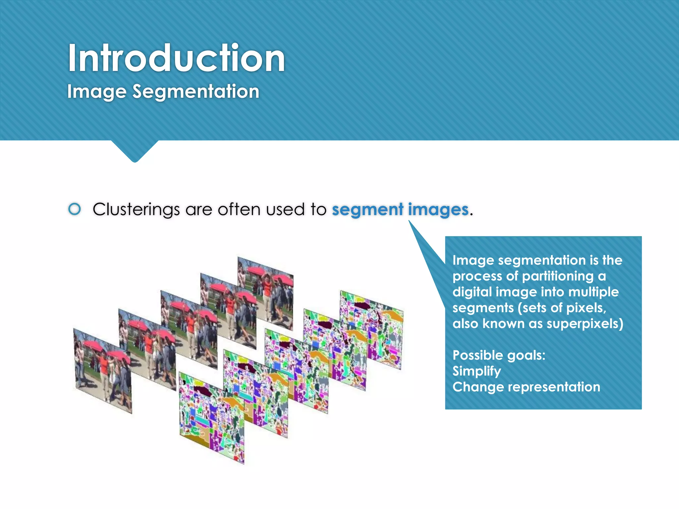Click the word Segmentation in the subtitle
pyautogui.click(x=196, y=91)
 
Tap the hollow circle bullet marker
pyautogui.click(x=75, y=209)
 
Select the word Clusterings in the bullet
pyautogui.click(x=136, y=210)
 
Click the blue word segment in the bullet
pyautogui.click(x=367, y=210)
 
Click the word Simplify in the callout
pyautogui.click(x=476, y=371)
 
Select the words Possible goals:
pyautogui.click(x=499, y=355)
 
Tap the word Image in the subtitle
pyautogui.click(x=96, y=91)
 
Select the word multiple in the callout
pyautogui.click(x=593, y=292)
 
